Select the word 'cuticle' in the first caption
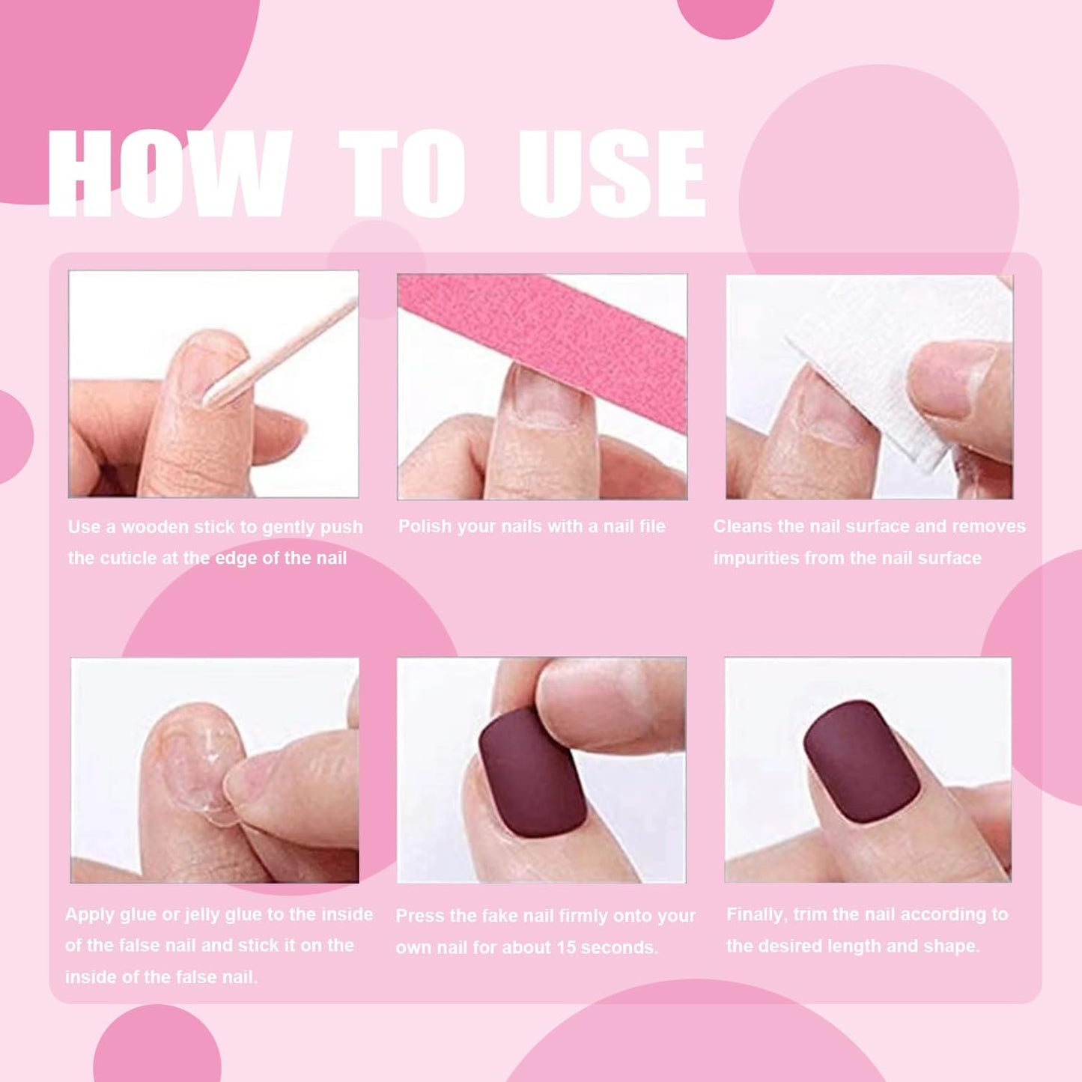point(130,559)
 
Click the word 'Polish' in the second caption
point(425,526)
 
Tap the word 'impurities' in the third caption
point(756,559)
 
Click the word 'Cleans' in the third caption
point(742,526)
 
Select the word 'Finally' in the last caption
point(756,915)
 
